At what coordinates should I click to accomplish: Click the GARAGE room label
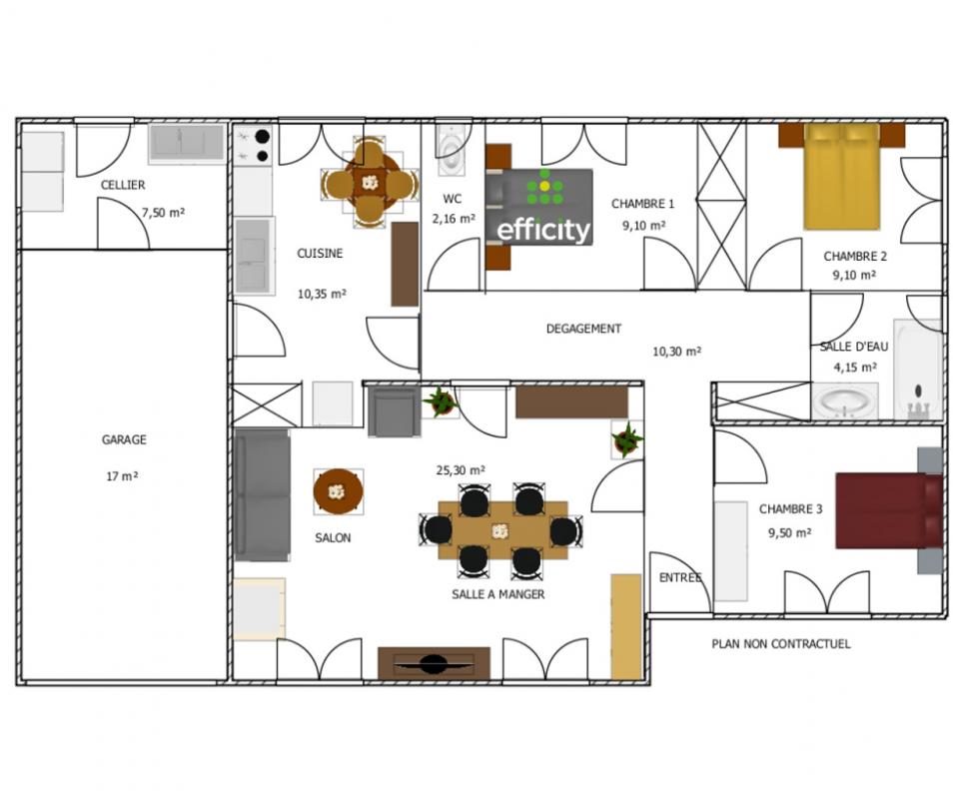[x=124, y=439]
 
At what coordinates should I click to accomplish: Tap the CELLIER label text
[x=123, y=185]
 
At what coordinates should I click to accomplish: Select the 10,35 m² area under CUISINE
[x=322, y=294]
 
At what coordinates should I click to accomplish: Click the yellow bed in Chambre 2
[x=842, y=177]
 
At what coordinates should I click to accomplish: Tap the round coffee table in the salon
[x=339, y=491]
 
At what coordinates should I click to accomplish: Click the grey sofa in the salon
[x=262, y=494]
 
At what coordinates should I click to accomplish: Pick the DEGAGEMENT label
[x=583, y=329]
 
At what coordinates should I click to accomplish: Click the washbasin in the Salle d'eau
[x=846, y=401]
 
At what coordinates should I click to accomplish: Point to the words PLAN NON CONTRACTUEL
[x=781, y=643]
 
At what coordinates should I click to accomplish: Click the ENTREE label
[x=680, y=577]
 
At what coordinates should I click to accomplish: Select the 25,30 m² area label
[x=461, y=470]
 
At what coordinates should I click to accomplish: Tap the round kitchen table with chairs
[x=370, y=183]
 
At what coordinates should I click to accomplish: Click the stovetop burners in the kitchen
[x=254, y=146]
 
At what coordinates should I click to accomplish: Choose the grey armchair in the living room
[x=394, y=411]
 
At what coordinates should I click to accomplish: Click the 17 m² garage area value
[x=122, y=476]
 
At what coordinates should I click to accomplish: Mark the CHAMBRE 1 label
[x=642, y=204]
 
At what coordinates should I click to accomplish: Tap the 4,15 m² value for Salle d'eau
[x=855, y=368]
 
